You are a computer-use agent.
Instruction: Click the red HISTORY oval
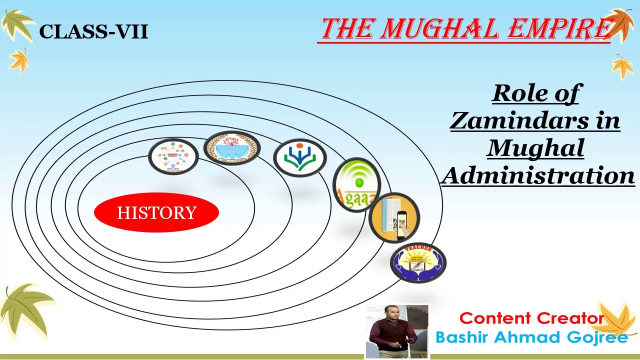(x=156, y=212)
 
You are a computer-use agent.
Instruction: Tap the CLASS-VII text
(x=93, y=32)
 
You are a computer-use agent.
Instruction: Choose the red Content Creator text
(x=531, y=318)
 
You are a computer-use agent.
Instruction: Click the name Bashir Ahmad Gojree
(x=531, y=337)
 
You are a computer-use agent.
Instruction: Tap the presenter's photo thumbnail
(x=397, y=331)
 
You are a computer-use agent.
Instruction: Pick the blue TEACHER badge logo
(x=418, y=262)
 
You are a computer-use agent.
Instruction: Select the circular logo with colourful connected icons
(x=173, y=156)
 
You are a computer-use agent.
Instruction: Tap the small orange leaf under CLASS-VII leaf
(x=19, y=61)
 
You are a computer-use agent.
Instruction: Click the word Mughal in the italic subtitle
(x=535, y=148)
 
